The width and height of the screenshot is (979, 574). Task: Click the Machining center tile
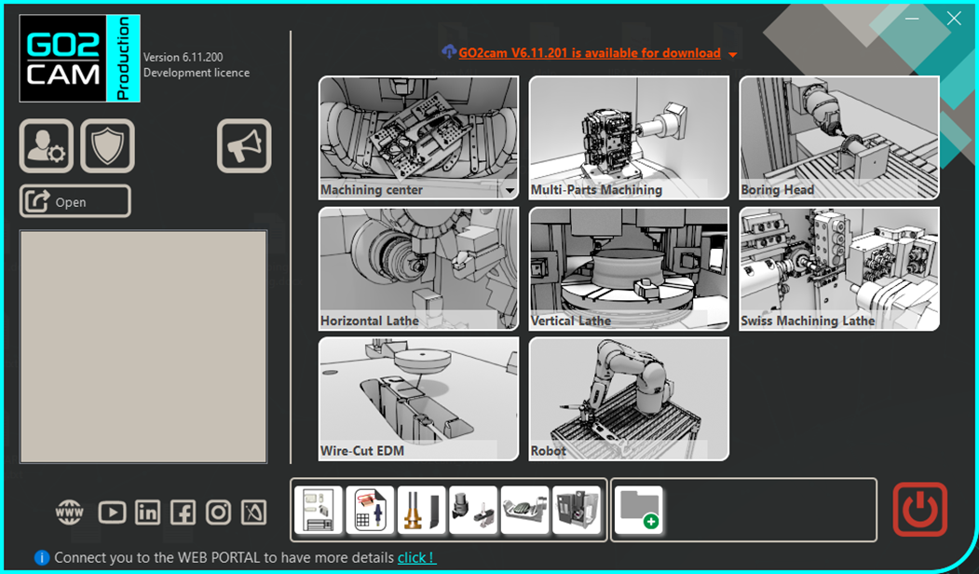pyautogui.click(x=418, y=138)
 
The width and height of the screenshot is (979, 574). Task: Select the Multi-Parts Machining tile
pyautogui.click(x=629, y=138)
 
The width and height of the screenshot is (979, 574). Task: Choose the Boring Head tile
pyautogui.click(x=839, y=138)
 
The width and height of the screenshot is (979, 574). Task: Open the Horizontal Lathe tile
pyautogui.click(x=418, y=268)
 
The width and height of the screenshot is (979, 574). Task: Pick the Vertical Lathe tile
pyautogui.click(x=629, y=268)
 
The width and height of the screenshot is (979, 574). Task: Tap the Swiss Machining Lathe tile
pyautogui.click(x=839, y=268)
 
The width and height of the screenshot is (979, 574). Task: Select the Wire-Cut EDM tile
pyautogui.click(x=418, y=399)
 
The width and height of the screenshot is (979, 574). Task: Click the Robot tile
pyautogui.click(x=629, y=399)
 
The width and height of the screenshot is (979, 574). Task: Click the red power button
pyautogui.click(x=919, y=510)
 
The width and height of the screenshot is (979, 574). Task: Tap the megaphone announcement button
pyautogui.click(x=244, y=145)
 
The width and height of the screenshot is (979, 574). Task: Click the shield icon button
pyautogui.click(x=107, y=145)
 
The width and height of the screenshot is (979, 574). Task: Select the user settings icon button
pyautogui.click(x=47, y=145)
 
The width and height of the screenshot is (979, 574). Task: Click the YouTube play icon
pyautogui.click(x=112, y=512)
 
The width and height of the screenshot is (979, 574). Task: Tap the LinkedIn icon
pyautogui.click(x=147, y=512)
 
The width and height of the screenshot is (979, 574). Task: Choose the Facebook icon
pyautogui.click(x=183, y=512)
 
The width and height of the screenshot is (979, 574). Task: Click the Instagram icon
pyautogui.click(x=219, y=512)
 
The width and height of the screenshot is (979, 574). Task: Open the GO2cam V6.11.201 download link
pyautogui.click(x=590, y=53)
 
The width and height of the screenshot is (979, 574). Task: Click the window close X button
pyautogui.click(x=954, y=18)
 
